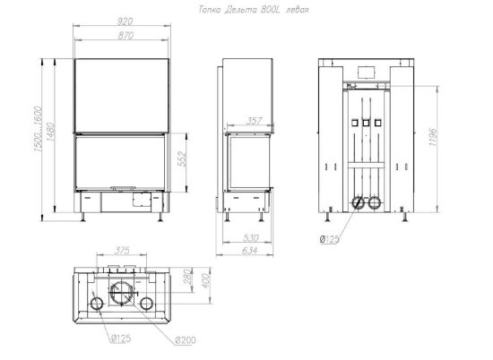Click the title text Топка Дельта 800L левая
pos(254,10)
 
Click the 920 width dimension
pos(125,21)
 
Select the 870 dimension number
pos(125,36)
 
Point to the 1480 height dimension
pos(51,132)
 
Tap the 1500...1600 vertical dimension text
pos(38,129)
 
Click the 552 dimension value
pos(182,159)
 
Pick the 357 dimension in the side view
pos(254,121)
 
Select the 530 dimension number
pos(251,238)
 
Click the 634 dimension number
pos(250,251)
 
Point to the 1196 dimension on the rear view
pos(433,137)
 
